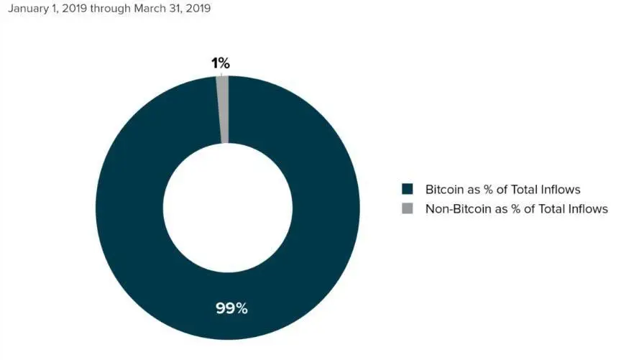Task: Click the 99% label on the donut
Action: pos(231,308)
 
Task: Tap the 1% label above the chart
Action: pos(220,63)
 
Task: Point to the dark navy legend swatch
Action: pos(408,189)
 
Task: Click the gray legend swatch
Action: pos(408,208)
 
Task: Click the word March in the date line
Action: pos(150,9)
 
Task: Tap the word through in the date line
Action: pos(111,9)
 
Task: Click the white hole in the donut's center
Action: pos(227,208)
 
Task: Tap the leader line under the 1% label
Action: pos(221,73)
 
